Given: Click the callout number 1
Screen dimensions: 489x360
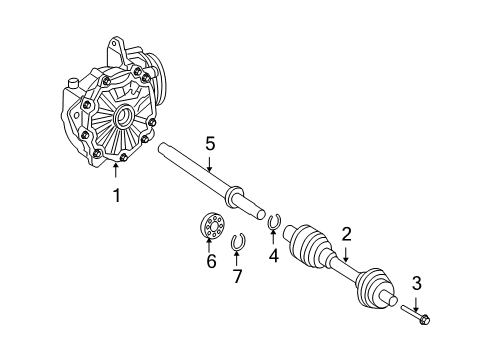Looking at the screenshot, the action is [x=116, y=195].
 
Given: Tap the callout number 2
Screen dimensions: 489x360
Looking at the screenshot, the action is [x=347, y=234].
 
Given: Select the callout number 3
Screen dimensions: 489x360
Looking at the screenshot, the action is [x=417, y=284].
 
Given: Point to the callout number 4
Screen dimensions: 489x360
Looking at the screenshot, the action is [x=274, y=256].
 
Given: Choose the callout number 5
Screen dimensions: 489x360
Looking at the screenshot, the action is [x=210, y=144].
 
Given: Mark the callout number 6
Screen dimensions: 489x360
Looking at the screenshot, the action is [x=211, y=261].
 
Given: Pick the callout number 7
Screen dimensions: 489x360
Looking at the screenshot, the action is [x=237, y=276].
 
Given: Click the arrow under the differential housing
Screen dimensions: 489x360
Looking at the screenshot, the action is [x=116, y=171].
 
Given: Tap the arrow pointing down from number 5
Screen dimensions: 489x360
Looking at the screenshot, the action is [x=209, y=165].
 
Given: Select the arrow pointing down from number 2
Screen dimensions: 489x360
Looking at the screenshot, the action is [x=346, y=254].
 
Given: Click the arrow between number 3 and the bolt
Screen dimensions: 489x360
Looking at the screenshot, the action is [x=416, y=304].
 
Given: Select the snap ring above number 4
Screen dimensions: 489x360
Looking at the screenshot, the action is [x=275, y=222].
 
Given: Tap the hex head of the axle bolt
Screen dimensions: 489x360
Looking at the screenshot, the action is [x=424, y=319].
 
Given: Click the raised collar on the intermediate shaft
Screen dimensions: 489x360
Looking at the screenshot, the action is [x=234, y=197].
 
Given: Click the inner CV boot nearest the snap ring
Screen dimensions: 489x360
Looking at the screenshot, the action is [x=307, y=244].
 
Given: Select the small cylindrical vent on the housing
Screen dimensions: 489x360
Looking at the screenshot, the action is [x=72, y=83].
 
